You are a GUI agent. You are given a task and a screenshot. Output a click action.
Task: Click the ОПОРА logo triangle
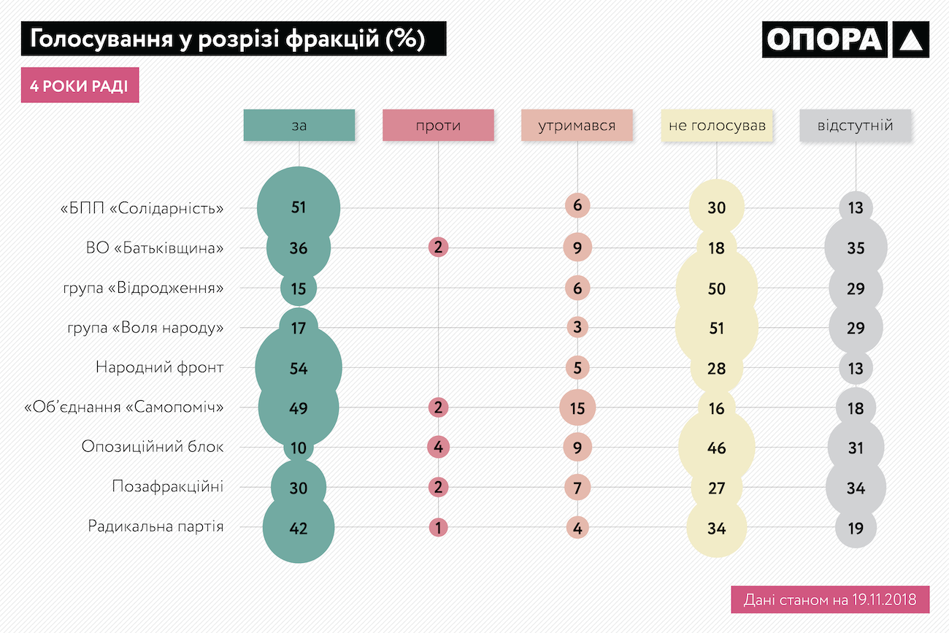[x=910, y=39]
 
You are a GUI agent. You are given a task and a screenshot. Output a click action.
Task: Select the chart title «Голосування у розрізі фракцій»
[x=233, y=39]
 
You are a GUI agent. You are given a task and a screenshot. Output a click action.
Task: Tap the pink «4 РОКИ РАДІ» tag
[x=80, y=86]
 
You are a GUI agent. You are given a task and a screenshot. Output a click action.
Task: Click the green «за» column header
[x=299, y=126]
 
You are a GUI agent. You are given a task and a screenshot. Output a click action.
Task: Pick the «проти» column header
[x=438, y=126]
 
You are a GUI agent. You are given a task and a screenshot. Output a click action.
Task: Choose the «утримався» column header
[x=577, y=126]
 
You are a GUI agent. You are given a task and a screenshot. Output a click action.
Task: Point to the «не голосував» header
[x=717, y=126]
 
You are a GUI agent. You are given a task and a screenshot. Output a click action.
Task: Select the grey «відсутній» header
[x=856, y=126]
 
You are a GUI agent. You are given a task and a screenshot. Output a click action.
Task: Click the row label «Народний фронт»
[x=159, y=367]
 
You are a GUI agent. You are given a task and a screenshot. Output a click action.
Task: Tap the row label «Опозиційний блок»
[x=153, y=447]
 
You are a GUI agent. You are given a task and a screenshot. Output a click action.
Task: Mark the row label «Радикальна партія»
[x=155, y=526]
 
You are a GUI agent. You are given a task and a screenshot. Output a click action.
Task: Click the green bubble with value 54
[x=299, y=368]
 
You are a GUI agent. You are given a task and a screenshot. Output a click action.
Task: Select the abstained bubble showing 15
[x=577, y=407]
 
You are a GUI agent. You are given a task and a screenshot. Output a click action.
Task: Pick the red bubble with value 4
[x=438, y=447]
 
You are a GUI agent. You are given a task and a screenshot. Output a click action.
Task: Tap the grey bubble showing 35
[x=856, y=248]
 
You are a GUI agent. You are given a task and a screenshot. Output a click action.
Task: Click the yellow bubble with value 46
[x=717, y=448]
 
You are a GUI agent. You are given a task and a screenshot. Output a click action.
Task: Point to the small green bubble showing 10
[x=299, y=448]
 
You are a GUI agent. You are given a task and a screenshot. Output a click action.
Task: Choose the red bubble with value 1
[x=438, y=527]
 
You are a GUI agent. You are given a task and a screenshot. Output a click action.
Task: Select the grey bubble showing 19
[x=856, y=527]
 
